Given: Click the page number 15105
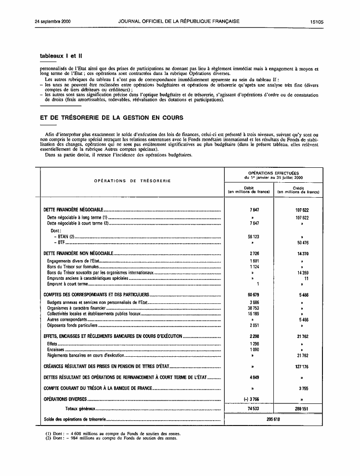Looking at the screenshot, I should (316, 22).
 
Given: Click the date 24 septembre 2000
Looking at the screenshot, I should (52, 22).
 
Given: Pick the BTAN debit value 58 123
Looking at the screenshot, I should (248, 237).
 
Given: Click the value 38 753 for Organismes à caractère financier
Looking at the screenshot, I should (248, 308).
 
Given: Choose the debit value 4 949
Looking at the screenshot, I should (248, 377).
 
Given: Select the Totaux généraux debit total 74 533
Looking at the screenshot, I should (248, 408).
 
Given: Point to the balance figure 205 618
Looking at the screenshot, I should (273, 419).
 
